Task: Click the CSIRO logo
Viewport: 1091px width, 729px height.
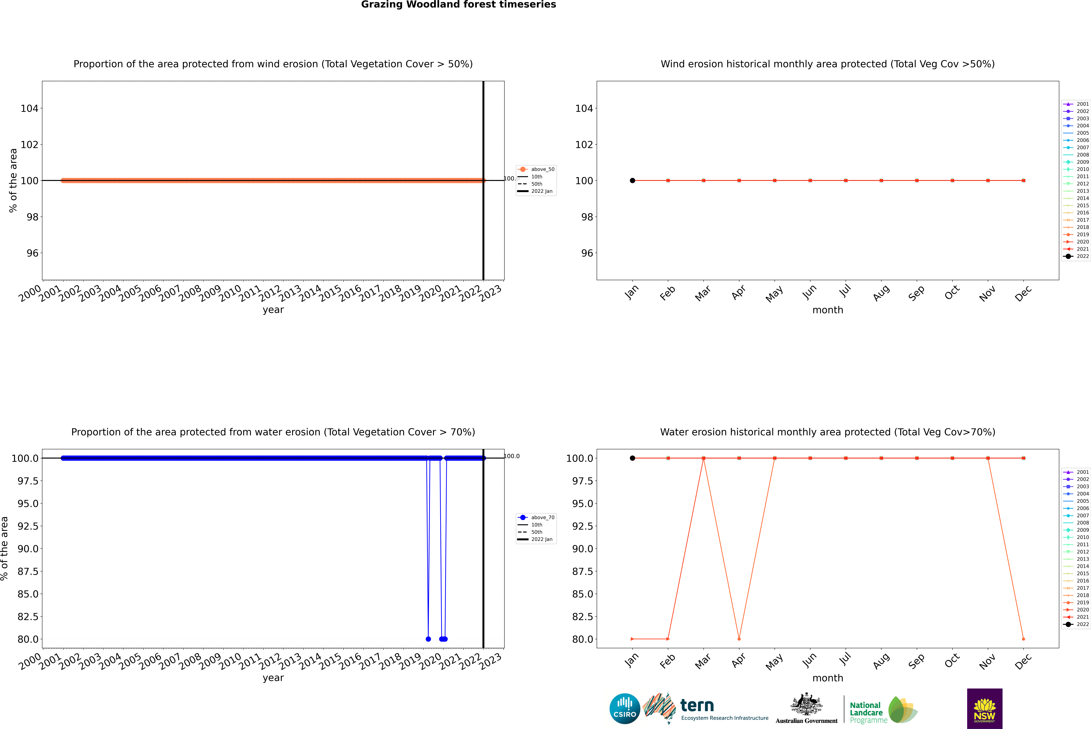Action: click(625, 709)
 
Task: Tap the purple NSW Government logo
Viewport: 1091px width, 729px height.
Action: click(984, 709)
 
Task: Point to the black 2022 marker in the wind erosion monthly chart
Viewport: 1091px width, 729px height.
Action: click(632, 180)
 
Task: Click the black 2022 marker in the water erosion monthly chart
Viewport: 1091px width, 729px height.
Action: click(632, 458)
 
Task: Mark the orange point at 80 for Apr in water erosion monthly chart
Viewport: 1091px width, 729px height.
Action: click(739, 639)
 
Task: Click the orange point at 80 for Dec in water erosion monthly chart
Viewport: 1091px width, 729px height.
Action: click(1023, 639)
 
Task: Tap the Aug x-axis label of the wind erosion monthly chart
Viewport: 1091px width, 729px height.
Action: click(881, 293)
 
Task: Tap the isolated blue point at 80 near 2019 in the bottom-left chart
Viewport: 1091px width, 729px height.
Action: click(428, 639)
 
